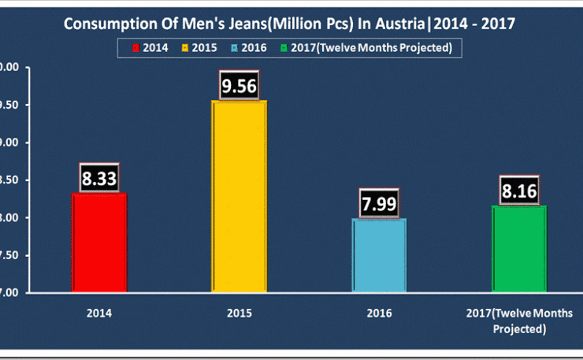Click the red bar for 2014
(x=99, y=243)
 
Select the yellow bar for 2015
(x=240, y=196)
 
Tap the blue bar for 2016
(x=379, y=255)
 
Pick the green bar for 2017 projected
(x=519, y=249)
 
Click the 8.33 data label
(x=99, y=178)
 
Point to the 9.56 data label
(x=240, y=86)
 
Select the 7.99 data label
(x=379, y=203)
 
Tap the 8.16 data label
(x=519, y=191)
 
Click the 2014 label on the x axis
(x=99, y=313)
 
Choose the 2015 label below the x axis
(x=240, y=313)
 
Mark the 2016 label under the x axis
(x=379, y=313)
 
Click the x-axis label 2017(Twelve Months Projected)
(x=519, y=321)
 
